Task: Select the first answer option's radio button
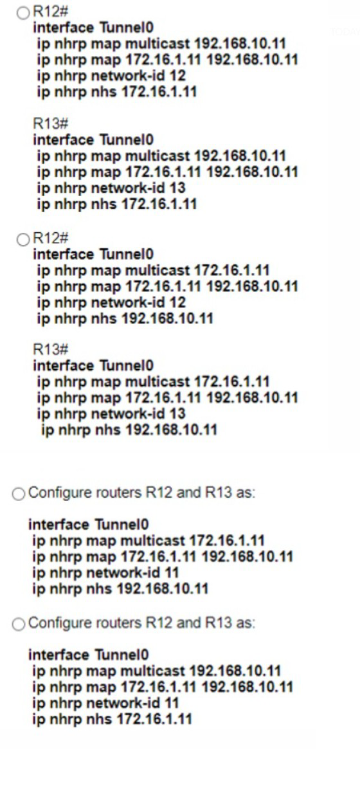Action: (x=23, y=14)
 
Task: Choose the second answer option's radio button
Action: (x=23, y=240)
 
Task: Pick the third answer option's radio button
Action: (x=19, y=495)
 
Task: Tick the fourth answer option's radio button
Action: (x=19, y=624)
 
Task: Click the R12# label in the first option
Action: (x=50, y=12)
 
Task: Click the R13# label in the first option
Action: (x=50, y=123)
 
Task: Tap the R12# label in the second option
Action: (x=50, y=238)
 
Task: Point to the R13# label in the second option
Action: (x=50, y=349)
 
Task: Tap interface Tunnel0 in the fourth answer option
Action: (x=88, y=655)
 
